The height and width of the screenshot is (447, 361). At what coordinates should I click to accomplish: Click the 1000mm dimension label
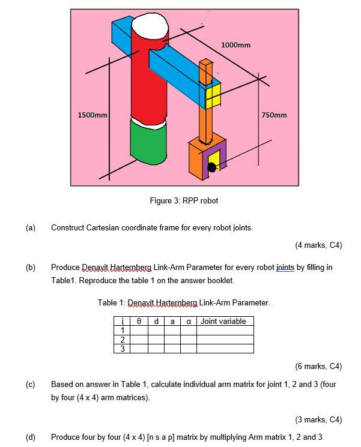pyautogui.click(x=235, y=45)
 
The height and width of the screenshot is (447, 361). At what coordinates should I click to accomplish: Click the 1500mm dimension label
pyautogui.click(x=93, y=115)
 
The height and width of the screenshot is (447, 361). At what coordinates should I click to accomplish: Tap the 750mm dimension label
pyautogui.click(x=275, y=115)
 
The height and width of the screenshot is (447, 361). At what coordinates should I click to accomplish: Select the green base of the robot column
pyautogui.click(x=148, y=140)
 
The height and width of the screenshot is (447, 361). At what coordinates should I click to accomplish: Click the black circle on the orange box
pyautogui.click(x=211, y=167)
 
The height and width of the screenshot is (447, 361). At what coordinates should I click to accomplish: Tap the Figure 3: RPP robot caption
pyautogui.click(x=184, y=200)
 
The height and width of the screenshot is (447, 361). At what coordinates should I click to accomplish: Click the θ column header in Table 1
pyautogui.click(x=139, y=321)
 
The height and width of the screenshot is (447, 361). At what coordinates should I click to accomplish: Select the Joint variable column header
pyautogui.click(x=223, y=321)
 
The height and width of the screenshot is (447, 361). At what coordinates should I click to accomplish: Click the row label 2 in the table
pyautogui.click(x=123, y=339)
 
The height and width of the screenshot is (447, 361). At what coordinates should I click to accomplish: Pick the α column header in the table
pyautogui.click(x=189, y=321)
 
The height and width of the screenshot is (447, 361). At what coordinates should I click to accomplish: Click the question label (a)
pyautogui.click(x=31, y=227)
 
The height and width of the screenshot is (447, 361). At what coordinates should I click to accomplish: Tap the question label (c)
pyautogui.click(x=31, y=384)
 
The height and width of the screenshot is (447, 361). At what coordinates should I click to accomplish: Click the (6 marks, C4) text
pyautogui.click(x=318, y=366)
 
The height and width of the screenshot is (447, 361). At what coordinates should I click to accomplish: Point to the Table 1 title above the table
pyautogui.click(x=184, y=302)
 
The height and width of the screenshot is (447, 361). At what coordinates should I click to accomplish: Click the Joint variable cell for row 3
pyautogui.click(x=225, y=348)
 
